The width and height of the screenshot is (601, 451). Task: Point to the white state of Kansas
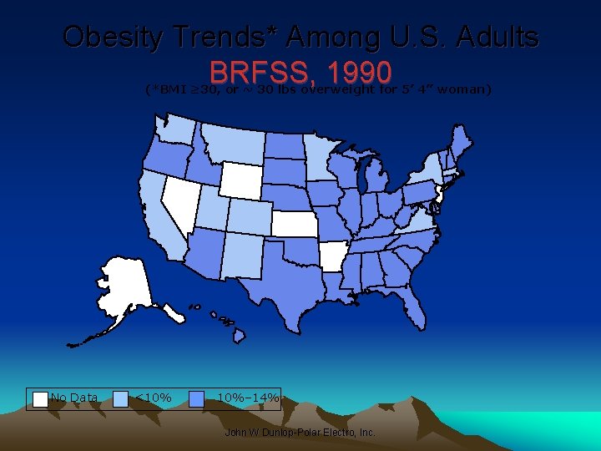pos(297,224)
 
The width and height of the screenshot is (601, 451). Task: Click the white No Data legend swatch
pos(40,398)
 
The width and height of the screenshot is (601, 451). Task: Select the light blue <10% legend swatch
pos(120,398)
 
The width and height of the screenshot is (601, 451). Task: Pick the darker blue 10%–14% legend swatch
pos(197,398)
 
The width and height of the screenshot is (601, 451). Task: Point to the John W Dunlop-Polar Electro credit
pos(300,433)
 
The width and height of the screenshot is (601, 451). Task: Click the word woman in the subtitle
pos(463,89)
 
